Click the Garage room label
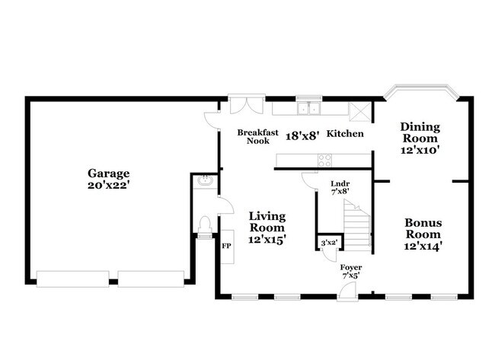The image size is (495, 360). point(109,174)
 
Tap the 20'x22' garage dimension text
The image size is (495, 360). point(109,185)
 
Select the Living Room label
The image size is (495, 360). point(267,222)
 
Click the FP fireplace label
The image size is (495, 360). point(226,246)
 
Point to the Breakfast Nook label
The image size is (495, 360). point(258,136)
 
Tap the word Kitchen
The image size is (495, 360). point(345,133)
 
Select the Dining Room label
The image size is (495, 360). point(420,132)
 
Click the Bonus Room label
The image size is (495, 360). point(423,228)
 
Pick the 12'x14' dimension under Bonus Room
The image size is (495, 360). point(423,246)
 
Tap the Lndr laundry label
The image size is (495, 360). point(340,183)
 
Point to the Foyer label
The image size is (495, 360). point(351,268)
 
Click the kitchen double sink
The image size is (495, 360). point(309,108)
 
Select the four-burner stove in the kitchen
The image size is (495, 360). point(325,161)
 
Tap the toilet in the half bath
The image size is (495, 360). point(205,225)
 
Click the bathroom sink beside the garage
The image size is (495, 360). point(205,181)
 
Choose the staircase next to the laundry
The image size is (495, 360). point(357,225)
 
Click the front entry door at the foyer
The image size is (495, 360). point(347,292)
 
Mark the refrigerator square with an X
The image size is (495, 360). point(360,111)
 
